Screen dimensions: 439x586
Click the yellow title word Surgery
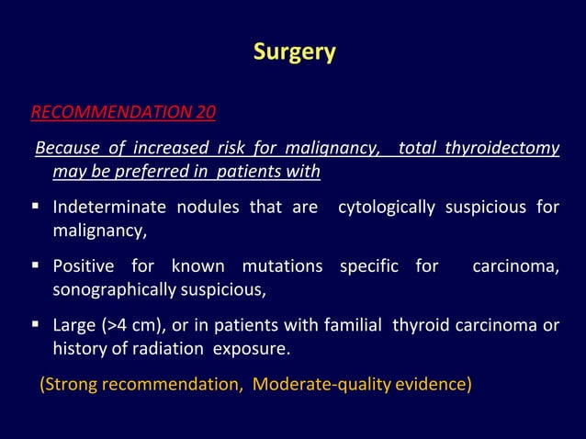point(294,52)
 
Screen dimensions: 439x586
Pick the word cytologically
point(387,208)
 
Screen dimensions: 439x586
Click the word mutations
point(282,267)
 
